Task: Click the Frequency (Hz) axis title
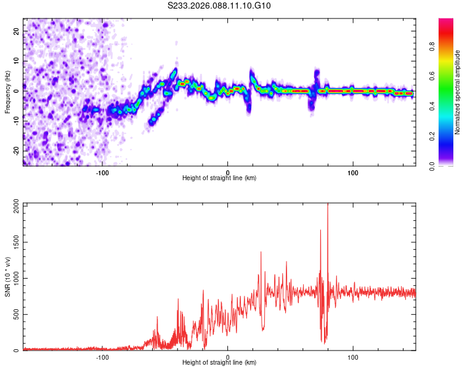click(x=7, y=92)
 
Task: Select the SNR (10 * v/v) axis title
click(x=7, y=276)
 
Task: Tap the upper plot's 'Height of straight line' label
click(x=219, y=178)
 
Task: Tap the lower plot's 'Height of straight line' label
click(x=219, y=363)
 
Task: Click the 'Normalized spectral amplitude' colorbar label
click(x=458, y=92)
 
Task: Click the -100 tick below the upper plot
click(x=102, y=172)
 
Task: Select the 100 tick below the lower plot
click(x=354, y=357)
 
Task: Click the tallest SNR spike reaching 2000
click(x=328, y=205)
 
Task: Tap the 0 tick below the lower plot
click(x=228, y=357)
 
